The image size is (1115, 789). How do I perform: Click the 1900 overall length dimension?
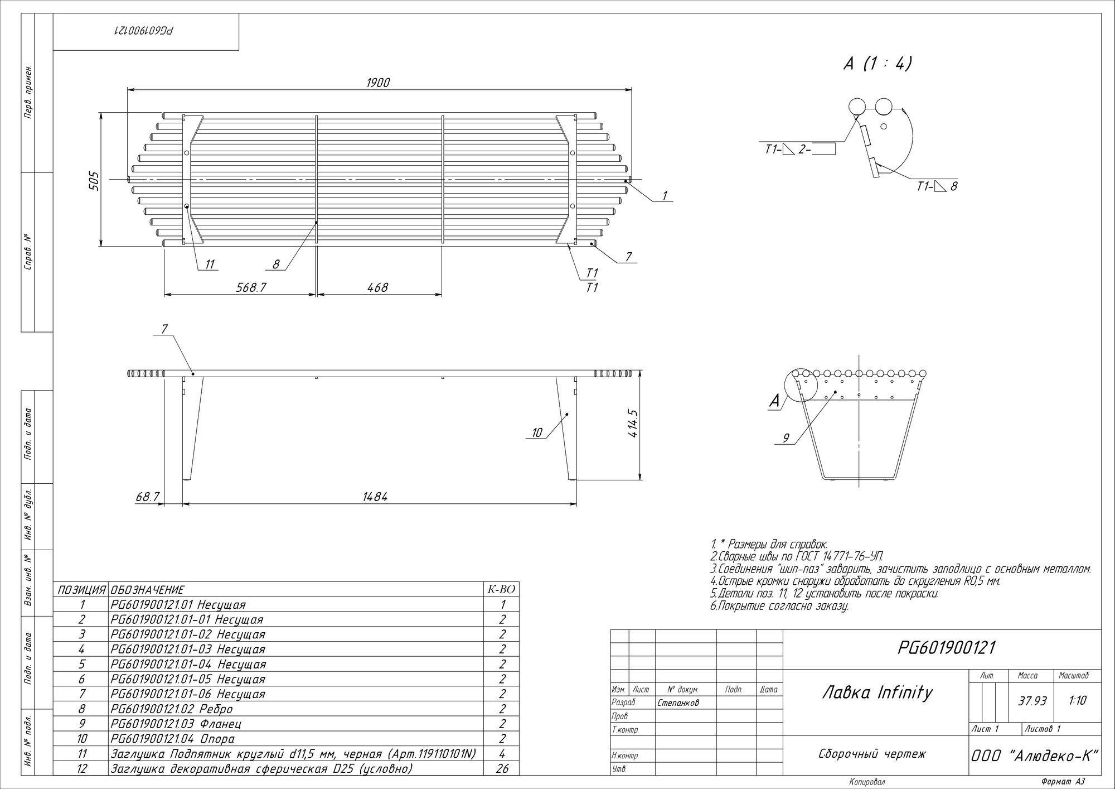[378, 83]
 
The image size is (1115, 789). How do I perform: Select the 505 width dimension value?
[94, 181]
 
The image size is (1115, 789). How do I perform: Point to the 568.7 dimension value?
[251, 287]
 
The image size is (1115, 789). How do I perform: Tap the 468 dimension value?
[377, 287]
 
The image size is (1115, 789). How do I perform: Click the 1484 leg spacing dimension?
[375, 497]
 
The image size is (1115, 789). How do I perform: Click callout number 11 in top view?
[210, 264]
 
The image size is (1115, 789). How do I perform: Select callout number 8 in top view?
[276, 264]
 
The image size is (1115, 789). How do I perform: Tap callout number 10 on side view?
[537, 432]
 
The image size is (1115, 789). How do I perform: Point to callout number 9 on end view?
[786, 439]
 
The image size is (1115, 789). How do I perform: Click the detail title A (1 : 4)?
[878, 64]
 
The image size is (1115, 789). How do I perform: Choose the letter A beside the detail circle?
[774, 400]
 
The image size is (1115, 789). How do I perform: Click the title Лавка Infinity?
[878, 692]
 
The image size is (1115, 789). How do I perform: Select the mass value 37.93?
[1032, 701]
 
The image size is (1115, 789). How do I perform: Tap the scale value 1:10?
[1078, 701]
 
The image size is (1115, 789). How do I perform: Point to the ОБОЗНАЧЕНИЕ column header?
[147, 590]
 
